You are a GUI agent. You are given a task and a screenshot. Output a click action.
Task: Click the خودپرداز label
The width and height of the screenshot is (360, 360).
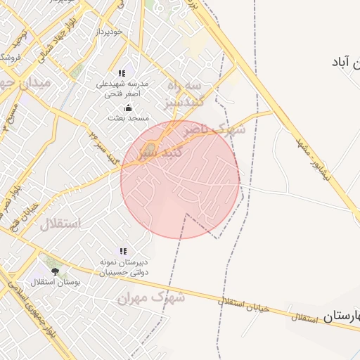click(111, 32)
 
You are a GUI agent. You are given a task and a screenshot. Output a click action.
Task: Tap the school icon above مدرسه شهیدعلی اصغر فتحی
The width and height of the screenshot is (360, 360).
click(122, 73)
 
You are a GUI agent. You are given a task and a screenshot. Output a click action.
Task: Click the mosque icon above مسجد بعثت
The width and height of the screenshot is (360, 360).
click(128, 108)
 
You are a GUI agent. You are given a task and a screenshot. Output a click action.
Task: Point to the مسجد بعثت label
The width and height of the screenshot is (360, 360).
click(127, 118)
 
